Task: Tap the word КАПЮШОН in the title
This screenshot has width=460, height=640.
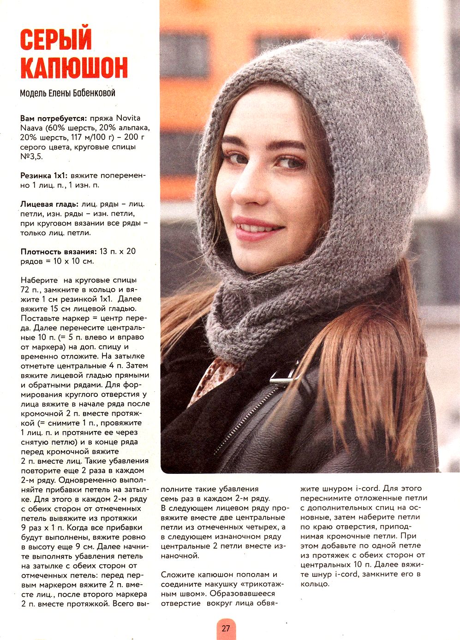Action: (74, 68)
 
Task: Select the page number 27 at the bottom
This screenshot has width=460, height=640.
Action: (226, 628)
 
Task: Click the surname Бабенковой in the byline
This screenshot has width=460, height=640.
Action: (93, 93)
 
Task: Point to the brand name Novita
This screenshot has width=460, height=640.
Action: (128, 118)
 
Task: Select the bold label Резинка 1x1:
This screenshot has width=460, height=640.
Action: (44, 175)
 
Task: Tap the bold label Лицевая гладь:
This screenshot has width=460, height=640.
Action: (49, 204)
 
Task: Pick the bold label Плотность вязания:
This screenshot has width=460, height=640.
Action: (58, 251)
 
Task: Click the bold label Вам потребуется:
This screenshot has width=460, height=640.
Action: (54, 118)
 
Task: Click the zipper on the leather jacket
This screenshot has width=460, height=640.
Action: (249, 418)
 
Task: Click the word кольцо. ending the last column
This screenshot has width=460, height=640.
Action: (315, 584)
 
